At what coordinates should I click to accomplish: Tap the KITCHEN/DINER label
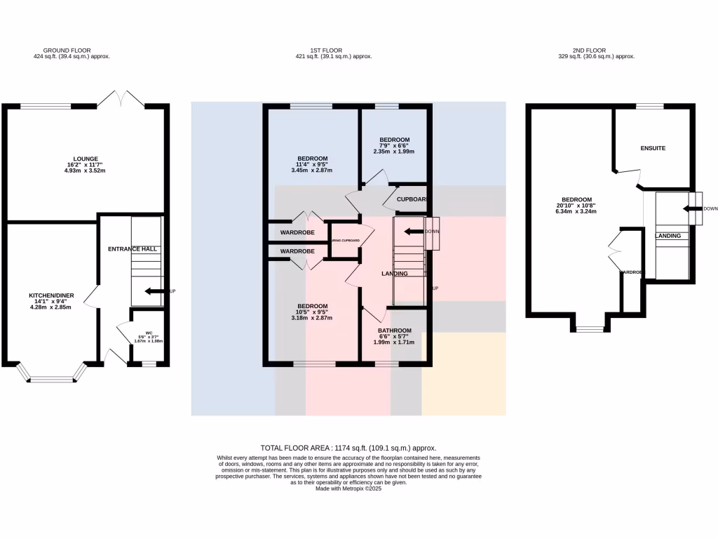coord(50,295)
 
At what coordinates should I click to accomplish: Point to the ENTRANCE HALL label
coord(132,249)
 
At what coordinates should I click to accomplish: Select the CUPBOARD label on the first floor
coord(412,199)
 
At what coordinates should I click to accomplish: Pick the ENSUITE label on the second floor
coord(653,148)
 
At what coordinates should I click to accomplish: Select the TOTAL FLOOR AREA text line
coord(348,448)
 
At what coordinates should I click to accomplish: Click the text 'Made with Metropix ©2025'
coord(348,488)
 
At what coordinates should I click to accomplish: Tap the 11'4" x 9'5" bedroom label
coord(312,159)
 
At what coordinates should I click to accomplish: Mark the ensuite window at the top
coord(649,106)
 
